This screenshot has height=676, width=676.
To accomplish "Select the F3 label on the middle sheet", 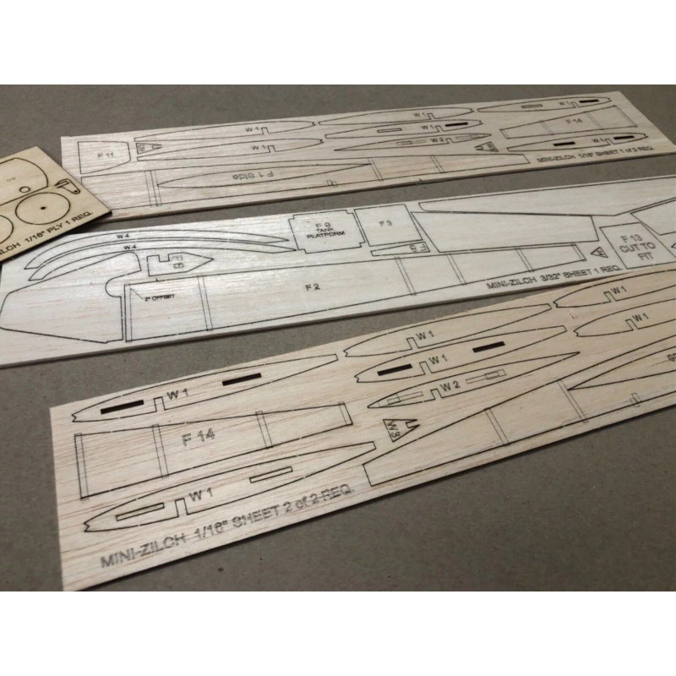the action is click(x=384, y=224).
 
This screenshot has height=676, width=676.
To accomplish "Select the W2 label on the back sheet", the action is click(x=436, y=139).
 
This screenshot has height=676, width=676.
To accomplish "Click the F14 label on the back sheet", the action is click(x=574, y=122).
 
